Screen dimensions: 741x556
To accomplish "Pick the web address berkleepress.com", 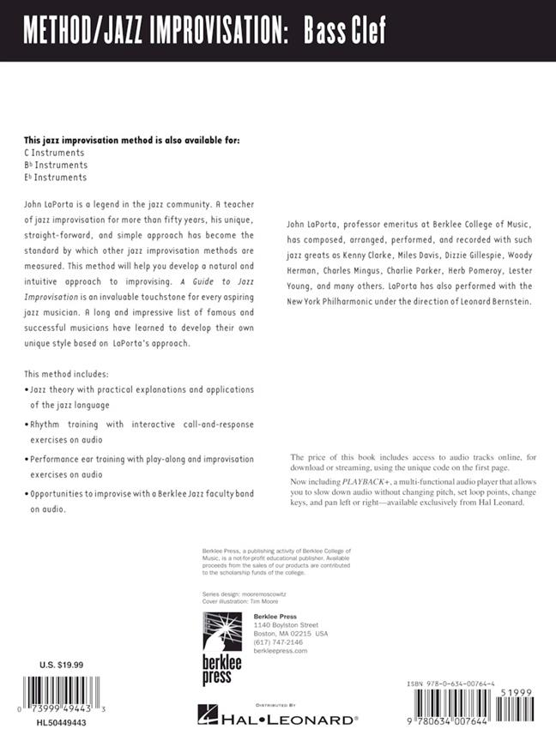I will pos(281,650).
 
